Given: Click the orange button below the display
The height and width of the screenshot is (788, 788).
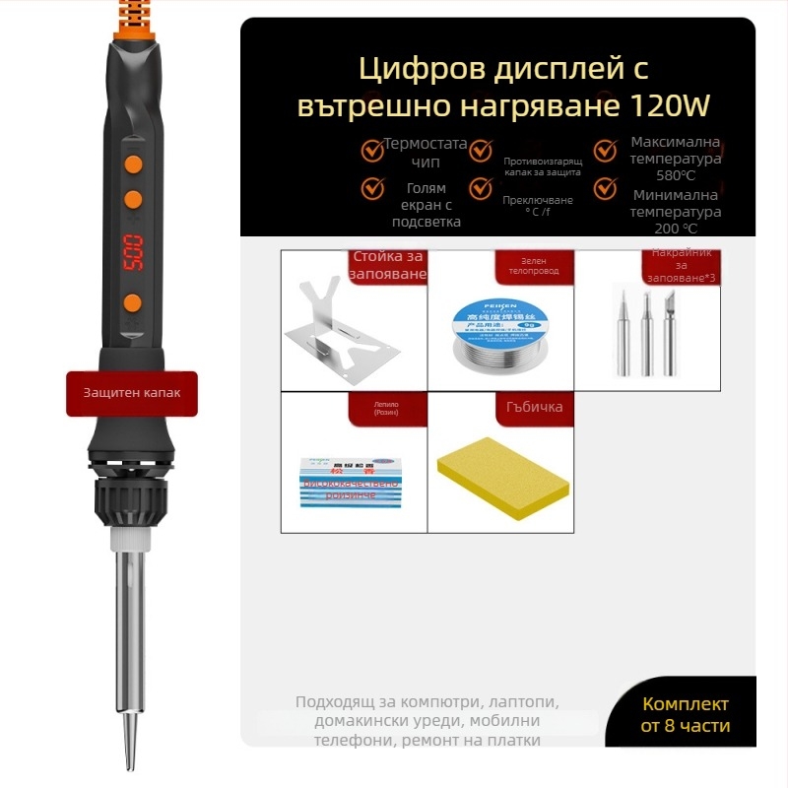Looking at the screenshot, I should coord(132,301).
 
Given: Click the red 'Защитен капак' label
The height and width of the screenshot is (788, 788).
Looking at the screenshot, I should coord(132,393).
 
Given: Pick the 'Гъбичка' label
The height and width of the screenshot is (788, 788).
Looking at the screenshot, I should coord(534,407).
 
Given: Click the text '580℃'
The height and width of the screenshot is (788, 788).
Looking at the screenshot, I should coord(676,175).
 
